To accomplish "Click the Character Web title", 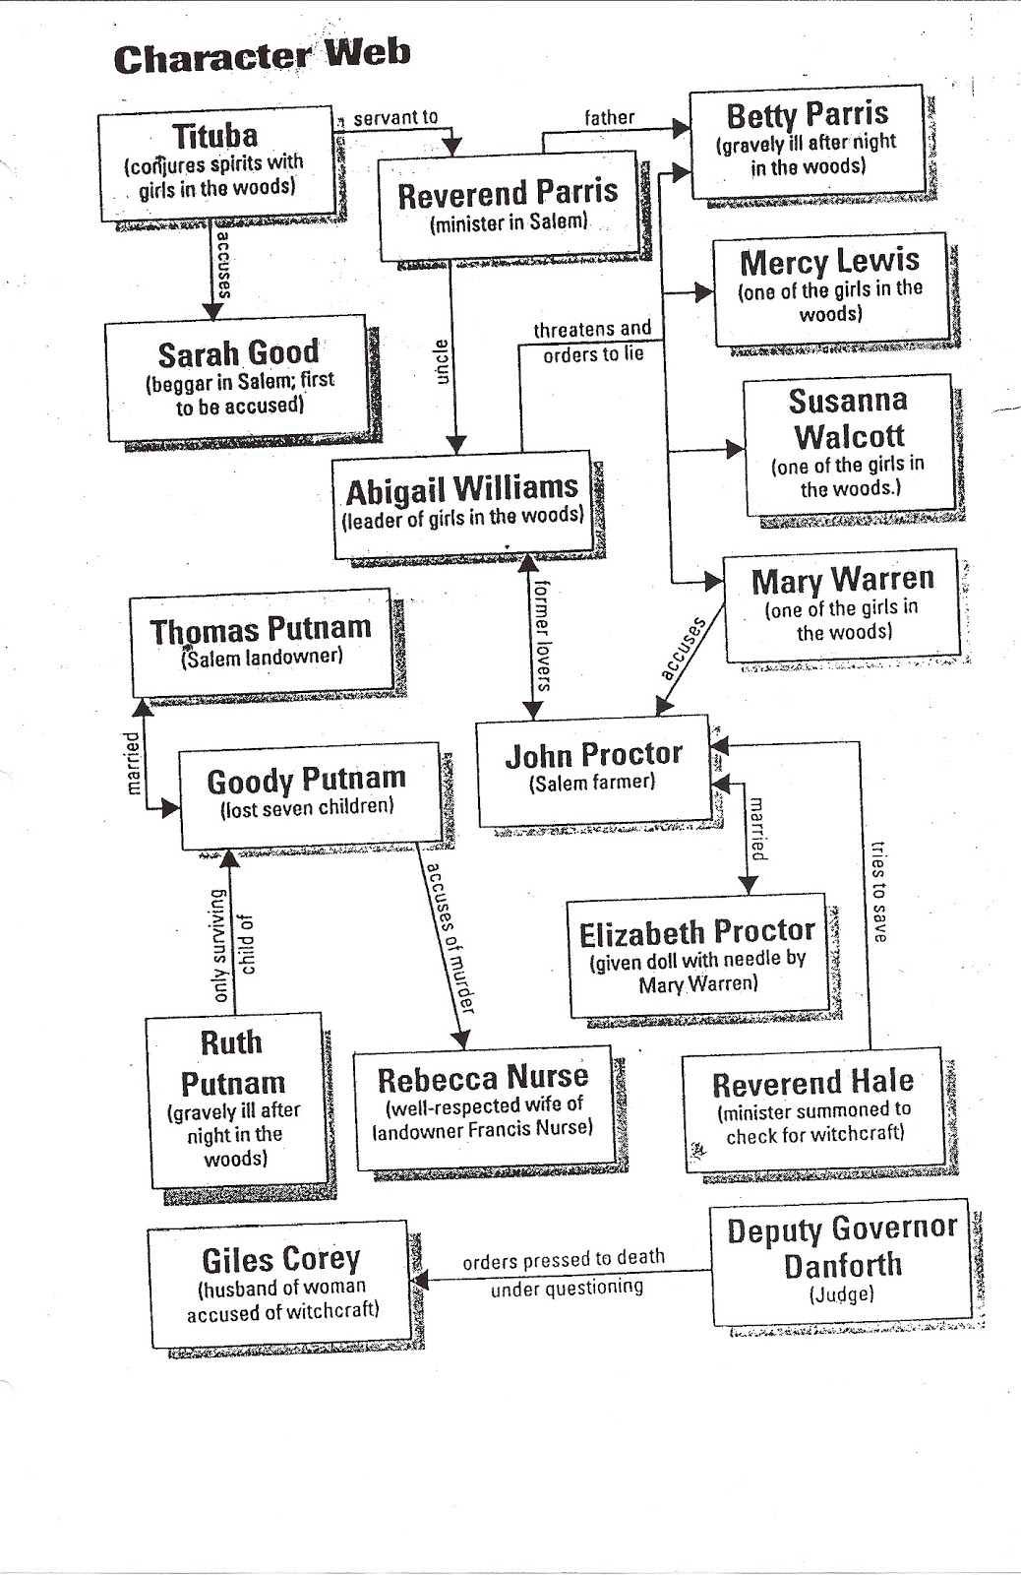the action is tap(262, 56).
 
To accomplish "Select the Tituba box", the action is tap(216, 163).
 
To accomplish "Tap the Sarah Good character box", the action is tap(237, 378).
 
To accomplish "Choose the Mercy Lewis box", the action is tap(830, 289).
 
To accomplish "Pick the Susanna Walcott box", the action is tap(849, 444).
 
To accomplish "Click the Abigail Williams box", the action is tap(463, 505).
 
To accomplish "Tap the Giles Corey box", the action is tap(279, 1284).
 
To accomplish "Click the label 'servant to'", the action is tap(395, 117).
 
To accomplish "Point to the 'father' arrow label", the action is tap(609, 117).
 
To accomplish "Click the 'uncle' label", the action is tap(442, 361).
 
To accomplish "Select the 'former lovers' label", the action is tap(543, 635).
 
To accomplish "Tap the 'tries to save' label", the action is tap(878, 891).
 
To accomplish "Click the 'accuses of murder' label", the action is tap(450, 938).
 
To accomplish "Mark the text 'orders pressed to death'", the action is tap(564, 1259).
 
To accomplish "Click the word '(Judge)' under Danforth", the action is tap(841, 1293).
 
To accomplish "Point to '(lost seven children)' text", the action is tap(307, 807).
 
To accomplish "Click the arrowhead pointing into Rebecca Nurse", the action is tap(461, 1039).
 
